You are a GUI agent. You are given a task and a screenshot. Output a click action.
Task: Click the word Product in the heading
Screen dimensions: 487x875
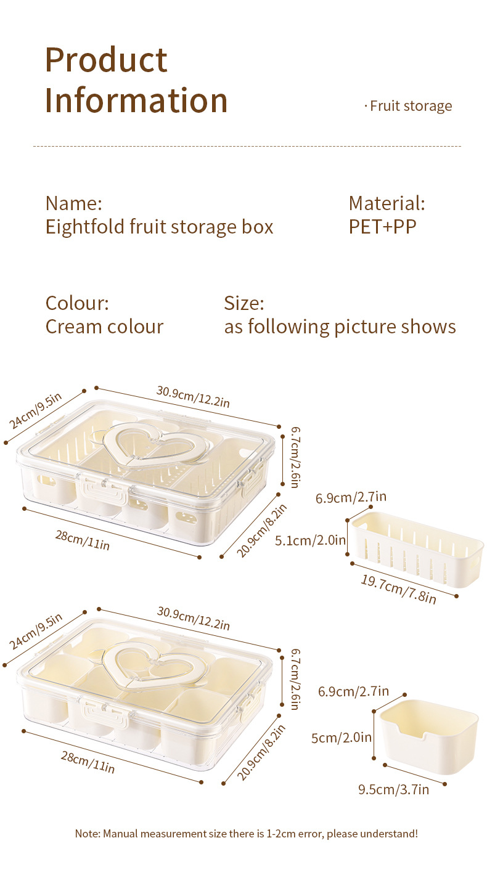pos(106,60)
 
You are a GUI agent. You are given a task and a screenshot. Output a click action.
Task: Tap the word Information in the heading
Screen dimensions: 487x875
pos(136,100)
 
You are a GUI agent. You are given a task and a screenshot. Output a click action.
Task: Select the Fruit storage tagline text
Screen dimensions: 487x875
pos(411,106)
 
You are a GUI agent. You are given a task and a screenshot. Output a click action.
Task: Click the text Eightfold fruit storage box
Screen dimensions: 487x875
pos(159,227)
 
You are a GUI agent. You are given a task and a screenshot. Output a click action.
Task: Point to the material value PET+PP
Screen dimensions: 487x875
pos(382,227)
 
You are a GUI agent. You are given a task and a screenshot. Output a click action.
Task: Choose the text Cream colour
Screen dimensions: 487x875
pos(104,327)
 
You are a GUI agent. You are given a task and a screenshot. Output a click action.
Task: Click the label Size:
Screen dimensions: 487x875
pos(244,303)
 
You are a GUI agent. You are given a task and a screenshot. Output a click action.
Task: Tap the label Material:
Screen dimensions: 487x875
pos(387,203)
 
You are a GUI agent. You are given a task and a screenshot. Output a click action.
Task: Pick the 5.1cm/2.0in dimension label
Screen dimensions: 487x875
pos(310,540)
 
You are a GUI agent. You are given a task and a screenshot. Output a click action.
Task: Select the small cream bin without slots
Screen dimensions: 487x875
pos(429,739)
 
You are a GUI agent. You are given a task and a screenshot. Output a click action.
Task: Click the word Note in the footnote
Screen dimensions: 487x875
pos(86,834)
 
